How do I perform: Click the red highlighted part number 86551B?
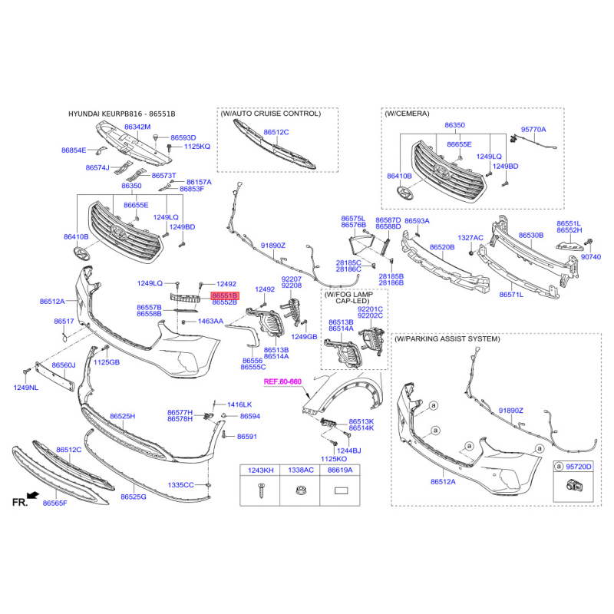(225, 295)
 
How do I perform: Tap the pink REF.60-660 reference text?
(282, 381)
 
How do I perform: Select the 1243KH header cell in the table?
(260, 470)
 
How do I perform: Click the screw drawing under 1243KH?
(261, 490)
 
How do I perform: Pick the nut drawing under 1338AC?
(300, 490)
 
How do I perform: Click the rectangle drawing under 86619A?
(340, 490)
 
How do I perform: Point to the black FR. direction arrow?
(34, 495)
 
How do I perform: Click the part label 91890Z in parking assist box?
(510, 411)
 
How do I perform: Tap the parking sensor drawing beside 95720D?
(573, 486)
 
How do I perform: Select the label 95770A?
(533, 129)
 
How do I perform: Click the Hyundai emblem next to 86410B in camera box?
(404, 193)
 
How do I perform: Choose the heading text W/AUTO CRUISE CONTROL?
(271, 114)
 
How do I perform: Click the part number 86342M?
(137, 127)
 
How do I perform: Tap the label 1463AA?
(210, 321)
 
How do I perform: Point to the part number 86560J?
(64, 365)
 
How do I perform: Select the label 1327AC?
(470, 238)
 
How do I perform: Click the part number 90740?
(590, 257)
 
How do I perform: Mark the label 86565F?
(54, 503)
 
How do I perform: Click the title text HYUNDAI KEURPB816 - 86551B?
(122, 114)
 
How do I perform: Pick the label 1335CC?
(180, 485)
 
